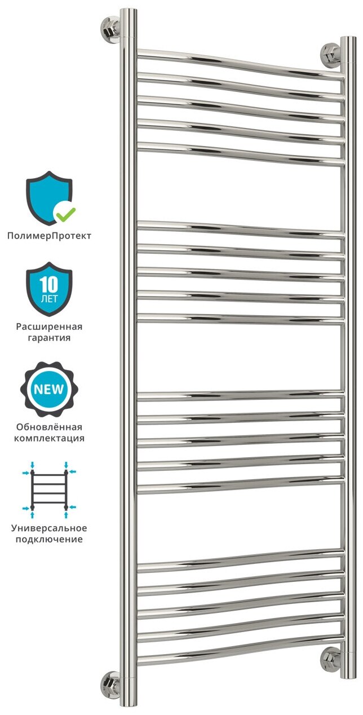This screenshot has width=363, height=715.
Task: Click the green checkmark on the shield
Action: [x=65, y=213]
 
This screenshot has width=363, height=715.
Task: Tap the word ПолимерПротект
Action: [x=49, y=236]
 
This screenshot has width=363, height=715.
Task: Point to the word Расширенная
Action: [x=49, y=327]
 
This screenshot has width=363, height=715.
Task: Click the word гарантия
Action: [x=49, y=338]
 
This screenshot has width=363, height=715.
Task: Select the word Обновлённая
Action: [x=49, y=427]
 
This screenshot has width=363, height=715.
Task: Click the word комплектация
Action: [x=49, y=438]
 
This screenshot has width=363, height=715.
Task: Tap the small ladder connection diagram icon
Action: [x=49, y=489]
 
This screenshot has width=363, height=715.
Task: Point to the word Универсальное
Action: [x=49, y=528]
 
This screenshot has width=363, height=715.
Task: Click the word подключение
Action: [x=49, y=540]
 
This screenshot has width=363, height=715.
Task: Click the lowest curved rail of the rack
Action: [x=240, y=654]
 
